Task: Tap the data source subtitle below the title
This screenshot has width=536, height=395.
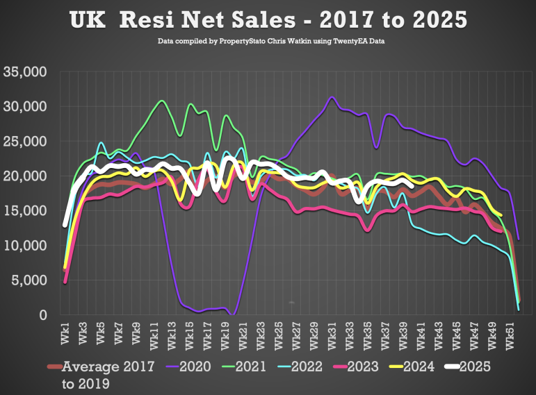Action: pyautogui.click(x=268, y=42)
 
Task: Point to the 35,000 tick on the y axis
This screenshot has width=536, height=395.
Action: pyautogui.click(x=25, y=72)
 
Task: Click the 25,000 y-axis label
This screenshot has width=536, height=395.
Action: pyautogui.click(x=25, y=141)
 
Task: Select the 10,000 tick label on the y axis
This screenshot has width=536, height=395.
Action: pyautogui.click(x=25, y=245)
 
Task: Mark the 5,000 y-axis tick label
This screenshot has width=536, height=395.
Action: pyautogui.click(x=29, y=280)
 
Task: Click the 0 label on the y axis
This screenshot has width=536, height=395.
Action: pyautogui.click(x=42, y=315)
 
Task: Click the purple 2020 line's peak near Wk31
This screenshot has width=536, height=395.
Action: pyautogui.click(x=332, y=98)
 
